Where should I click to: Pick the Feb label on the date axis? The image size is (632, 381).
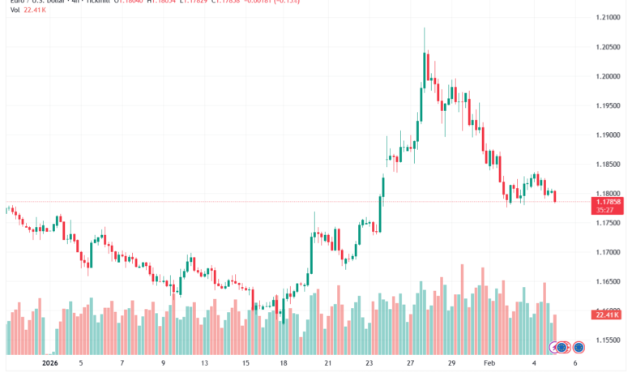click(x=490, y=364)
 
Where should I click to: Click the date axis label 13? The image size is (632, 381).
click(x=205, y=364)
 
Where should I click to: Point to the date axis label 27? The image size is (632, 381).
click(x=411, y=364)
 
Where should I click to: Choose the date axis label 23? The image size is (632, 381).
click(x=369, y=364)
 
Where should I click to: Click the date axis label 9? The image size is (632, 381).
click(x=163, y=364)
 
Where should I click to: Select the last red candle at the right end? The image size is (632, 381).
click(x=555, y=196)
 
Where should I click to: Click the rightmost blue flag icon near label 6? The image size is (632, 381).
click(x=579, y=347)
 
